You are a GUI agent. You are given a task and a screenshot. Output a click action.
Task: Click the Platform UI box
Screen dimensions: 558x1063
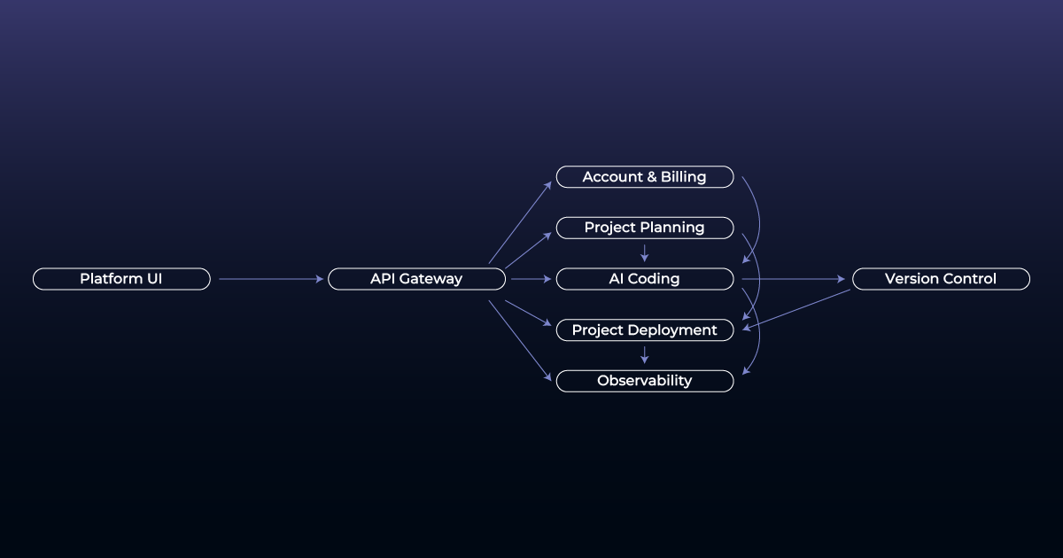coord(121,279)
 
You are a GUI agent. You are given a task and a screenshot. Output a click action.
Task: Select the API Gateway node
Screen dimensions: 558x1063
coord(416,279)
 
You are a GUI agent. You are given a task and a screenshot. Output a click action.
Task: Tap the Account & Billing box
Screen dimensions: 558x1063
coord(644,177)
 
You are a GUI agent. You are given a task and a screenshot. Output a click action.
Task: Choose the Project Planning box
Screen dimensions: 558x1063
coord(644,228)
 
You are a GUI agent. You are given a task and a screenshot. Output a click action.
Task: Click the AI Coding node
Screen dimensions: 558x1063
coord(644,279)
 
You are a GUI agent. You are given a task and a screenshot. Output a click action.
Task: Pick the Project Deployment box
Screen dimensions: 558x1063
coord(644,330)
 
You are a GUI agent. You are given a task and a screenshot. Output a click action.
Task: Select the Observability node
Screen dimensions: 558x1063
coord(644,381)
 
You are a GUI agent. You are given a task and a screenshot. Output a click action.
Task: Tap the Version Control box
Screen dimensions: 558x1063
coord(940,279)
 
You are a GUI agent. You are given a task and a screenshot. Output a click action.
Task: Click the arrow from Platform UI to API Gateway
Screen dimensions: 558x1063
coord(270,279)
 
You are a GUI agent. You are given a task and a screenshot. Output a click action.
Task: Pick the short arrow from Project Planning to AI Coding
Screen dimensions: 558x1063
coord(644,253)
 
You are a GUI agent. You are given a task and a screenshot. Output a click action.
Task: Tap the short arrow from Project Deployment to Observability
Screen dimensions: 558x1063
coord(644,355)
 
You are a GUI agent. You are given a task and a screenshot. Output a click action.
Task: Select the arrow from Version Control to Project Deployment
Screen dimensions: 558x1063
coord(797,309)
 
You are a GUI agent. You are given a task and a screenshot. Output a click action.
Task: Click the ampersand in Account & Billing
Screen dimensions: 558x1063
coord(651,177)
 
